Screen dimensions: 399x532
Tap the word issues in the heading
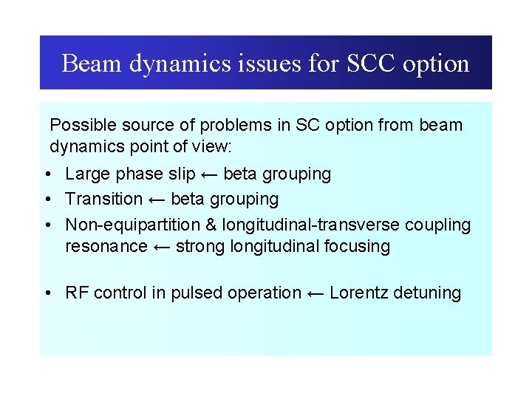269,64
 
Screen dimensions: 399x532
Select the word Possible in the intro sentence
81,125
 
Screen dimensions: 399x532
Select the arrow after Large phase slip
209,174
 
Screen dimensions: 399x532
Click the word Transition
103,199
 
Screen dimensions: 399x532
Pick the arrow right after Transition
157,199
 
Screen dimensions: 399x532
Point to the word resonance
106,246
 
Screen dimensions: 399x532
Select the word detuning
428,293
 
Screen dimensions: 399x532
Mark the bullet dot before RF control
47,293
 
